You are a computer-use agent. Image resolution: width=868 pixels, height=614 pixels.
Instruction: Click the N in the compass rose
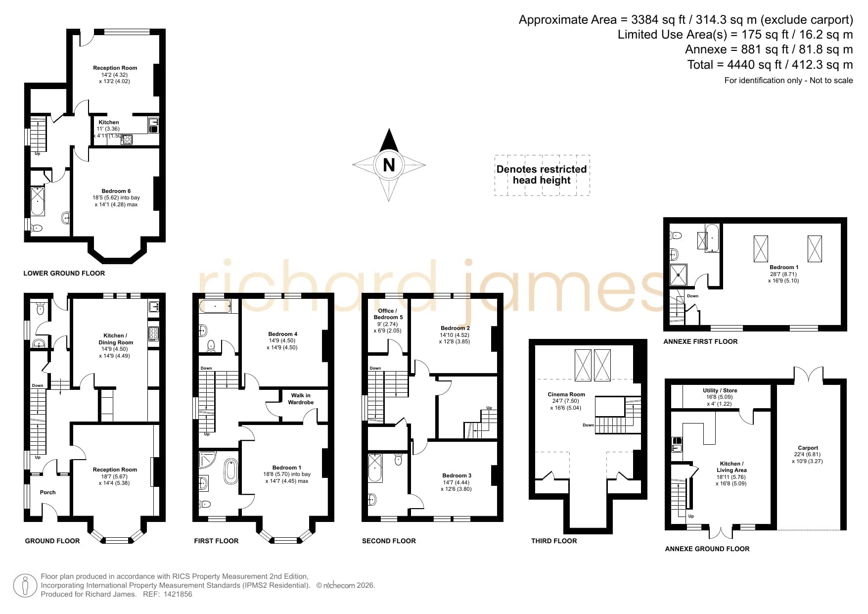coord(389,164)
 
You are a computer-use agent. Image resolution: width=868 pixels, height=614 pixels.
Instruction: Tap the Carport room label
coord(808,448)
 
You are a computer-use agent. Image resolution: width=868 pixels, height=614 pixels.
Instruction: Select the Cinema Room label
coord(566,394)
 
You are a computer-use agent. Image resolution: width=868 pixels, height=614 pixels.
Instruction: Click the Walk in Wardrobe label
coord(301,399)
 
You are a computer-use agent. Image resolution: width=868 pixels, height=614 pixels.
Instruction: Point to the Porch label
coord(47,492)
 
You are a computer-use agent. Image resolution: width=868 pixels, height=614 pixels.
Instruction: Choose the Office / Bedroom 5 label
coord(387,314)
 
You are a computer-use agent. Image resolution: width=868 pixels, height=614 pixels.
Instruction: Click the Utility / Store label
coord(720,390)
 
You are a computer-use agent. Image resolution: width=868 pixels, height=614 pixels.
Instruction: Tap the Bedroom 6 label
coord(116,191)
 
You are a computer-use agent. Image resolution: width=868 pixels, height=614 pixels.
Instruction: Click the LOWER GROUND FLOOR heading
coord(64,273)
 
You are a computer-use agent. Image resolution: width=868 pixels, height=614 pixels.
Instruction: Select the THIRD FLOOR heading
coord(554,541)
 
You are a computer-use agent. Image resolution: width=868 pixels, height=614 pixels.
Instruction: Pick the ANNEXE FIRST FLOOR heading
coord(700,341)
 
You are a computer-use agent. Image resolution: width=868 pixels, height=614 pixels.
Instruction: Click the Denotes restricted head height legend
coord(542,175)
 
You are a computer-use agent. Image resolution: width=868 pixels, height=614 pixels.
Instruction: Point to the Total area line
coord(770,64)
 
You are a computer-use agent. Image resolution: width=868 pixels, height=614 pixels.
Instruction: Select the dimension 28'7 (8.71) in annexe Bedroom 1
coord(784,274)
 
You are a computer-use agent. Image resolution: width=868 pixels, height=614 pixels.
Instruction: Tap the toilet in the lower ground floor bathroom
coord(37,228)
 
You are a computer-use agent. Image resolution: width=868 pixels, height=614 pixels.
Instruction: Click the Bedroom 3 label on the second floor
coord(457,475)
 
